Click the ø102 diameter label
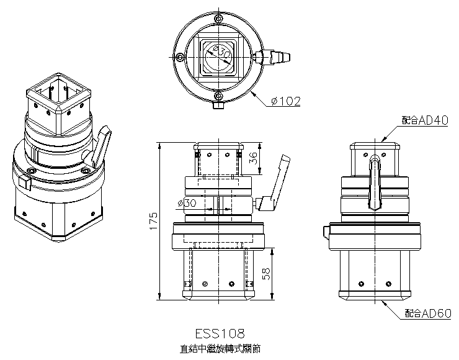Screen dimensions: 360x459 point(285,101)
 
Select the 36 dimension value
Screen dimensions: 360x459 point(252,158)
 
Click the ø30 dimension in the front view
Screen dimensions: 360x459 point(186,202)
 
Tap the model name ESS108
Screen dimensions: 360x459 point(217,334)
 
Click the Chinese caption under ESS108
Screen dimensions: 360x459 point(217,349)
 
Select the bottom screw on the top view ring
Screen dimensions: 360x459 point(218,96)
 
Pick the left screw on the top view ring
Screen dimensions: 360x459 point(179,57)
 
